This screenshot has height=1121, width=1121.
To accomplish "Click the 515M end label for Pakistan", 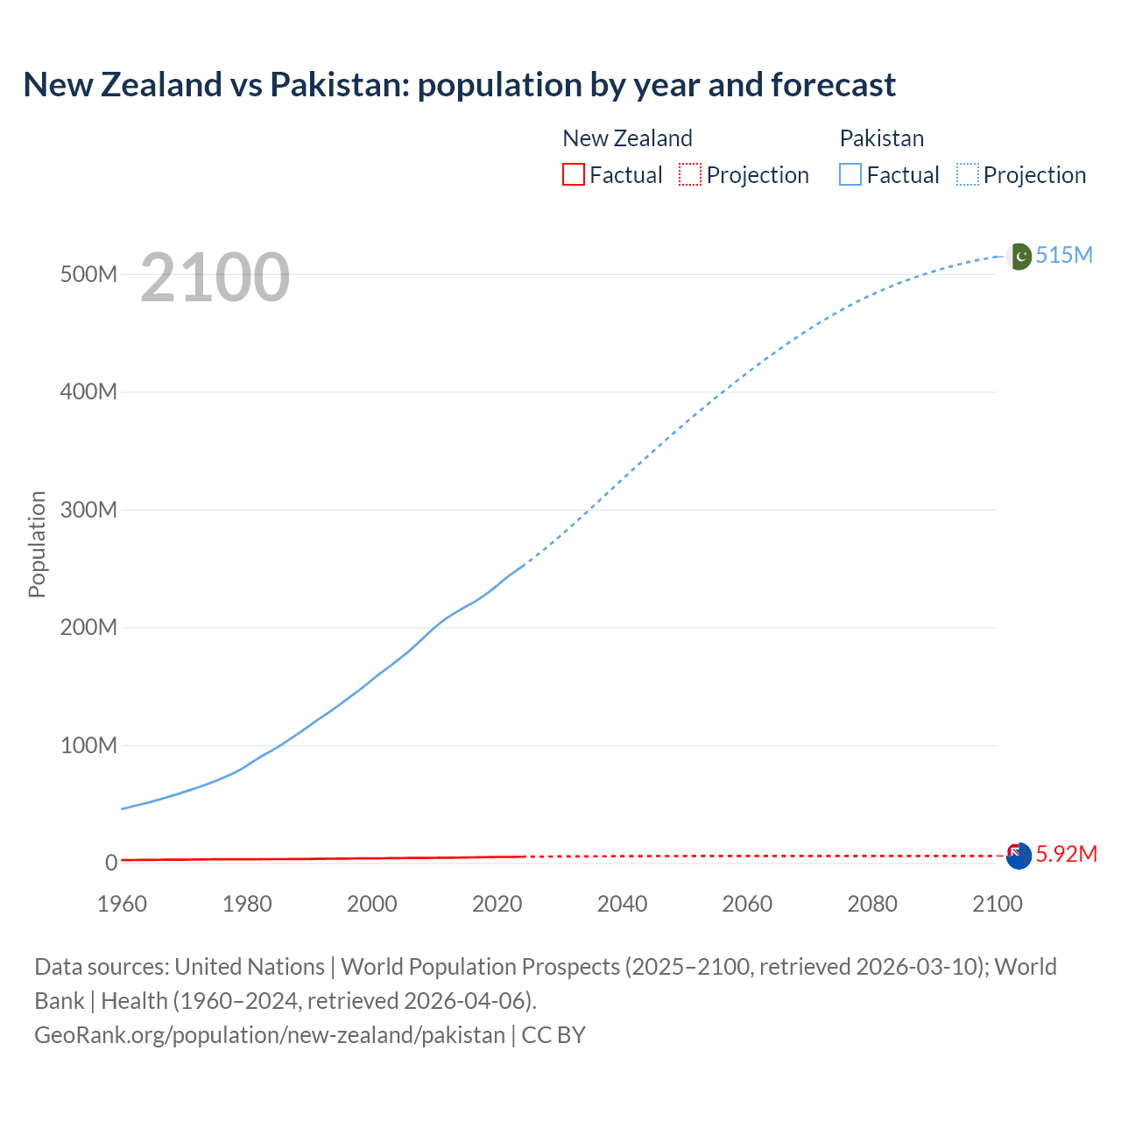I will tap(1064, 255).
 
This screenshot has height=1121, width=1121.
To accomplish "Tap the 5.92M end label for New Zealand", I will tap(1066, 854).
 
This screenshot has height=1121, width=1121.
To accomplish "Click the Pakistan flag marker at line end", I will tap(1019, 257).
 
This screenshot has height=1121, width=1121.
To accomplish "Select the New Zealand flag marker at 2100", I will tap(1019, 856).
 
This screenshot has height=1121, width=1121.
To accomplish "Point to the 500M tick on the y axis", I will tap(88, 274).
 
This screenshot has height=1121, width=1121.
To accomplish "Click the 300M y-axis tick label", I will tap(88, 510).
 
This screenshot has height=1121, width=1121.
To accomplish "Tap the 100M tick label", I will tap(88, 745).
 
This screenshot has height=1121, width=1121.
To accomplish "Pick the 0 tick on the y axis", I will tap(111, 863).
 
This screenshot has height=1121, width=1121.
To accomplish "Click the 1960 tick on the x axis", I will tap(122, 904).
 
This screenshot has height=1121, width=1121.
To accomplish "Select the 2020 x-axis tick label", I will tap(497, 904).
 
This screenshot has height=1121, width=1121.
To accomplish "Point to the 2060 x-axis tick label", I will tap(747, 904).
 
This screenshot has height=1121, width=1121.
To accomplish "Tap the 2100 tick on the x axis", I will tap(997, 904).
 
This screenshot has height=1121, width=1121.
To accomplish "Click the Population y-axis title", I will tap(37, 544).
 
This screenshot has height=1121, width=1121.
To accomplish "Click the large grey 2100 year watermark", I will tap(215, 278).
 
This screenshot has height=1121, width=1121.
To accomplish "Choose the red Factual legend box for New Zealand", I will tap(573, 174).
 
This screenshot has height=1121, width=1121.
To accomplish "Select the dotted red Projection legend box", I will tap(690, 174).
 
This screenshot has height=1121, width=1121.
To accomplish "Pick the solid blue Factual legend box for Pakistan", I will tap(850, 174).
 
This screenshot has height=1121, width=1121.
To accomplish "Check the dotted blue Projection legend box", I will tap(967, 174).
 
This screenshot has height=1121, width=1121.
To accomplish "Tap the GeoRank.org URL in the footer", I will tap(270, 1034).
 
